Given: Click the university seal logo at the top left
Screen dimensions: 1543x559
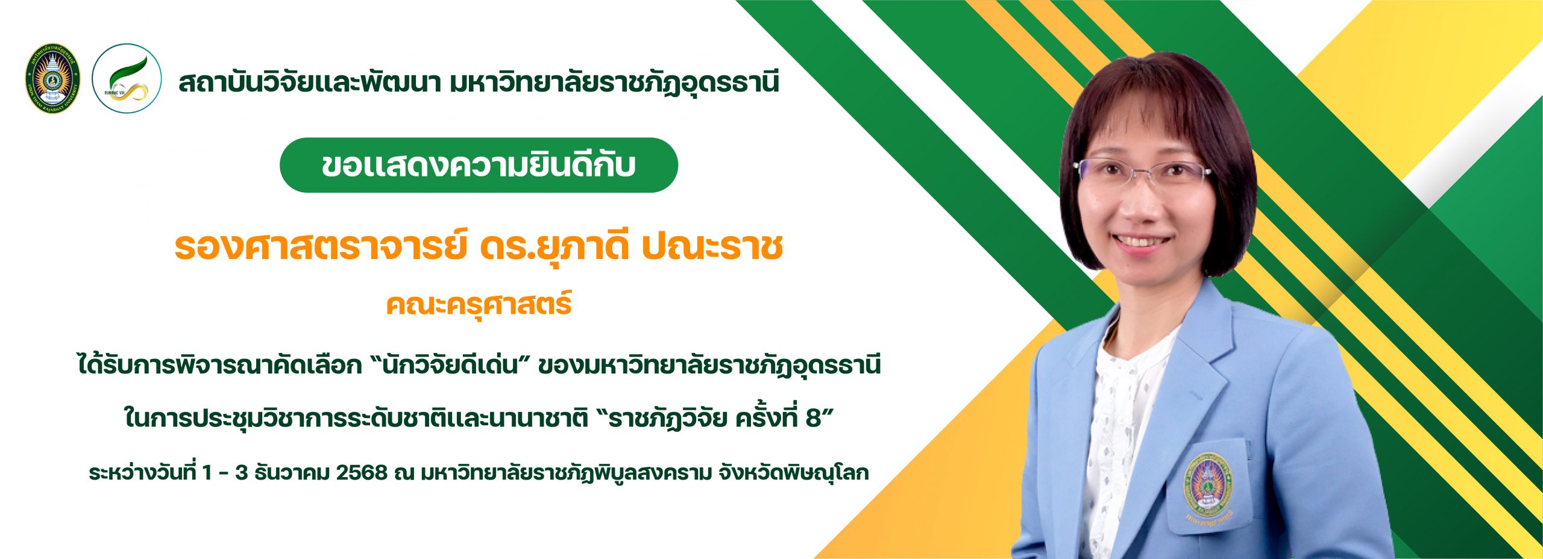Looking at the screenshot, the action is tap(53, 79).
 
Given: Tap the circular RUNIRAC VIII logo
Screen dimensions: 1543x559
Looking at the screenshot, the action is tap(127, 78).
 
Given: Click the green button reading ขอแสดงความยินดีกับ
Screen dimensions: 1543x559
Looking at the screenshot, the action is tap(479, 165).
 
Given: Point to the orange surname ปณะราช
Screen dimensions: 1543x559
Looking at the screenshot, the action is tap(712, 247).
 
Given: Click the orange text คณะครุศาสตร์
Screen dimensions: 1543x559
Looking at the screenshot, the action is tap(479, 305).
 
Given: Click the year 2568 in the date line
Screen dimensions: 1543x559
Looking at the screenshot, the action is tap(362, 473).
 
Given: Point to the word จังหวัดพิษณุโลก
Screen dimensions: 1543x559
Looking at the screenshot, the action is tap(793, 473).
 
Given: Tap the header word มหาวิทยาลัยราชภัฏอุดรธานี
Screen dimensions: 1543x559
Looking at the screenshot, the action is tap(614, 83).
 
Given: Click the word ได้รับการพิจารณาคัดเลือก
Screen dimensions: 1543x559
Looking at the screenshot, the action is tap(219, 365).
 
